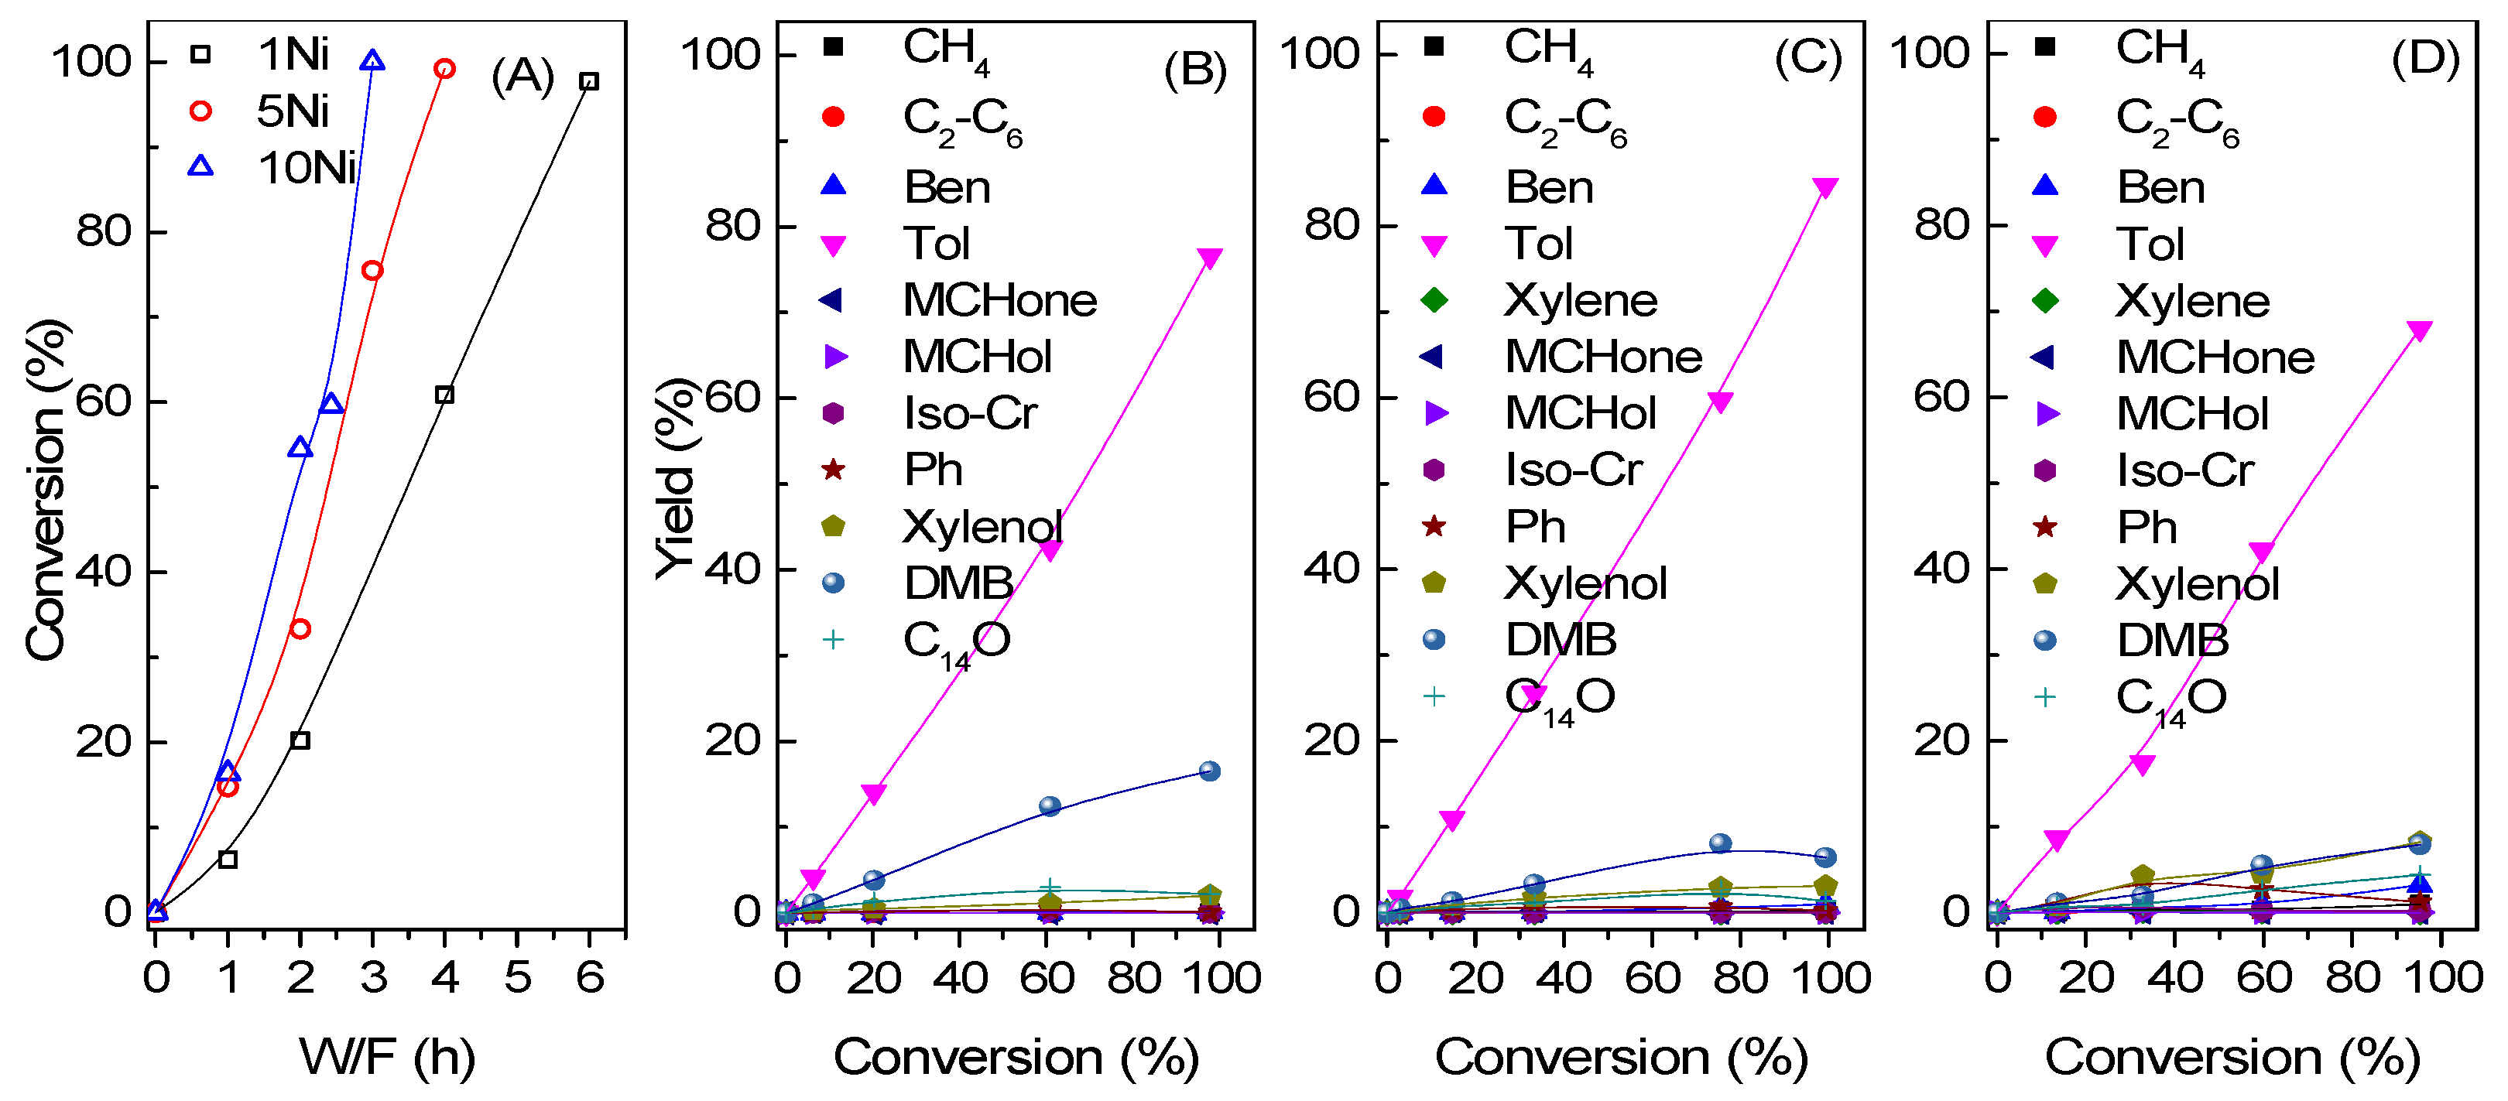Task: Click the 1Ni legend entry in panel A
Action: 292,54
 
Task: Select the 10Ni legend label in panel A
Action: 306,169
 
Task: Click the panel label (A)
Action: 522,76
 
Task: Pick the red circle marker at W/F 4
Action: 445,69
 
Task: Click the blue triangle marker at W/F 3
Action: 372,61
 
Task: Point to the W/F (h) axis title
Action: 388,1056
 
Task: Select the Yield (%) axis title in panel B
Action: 675,477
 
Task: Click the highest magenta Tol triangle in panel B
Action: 1209,258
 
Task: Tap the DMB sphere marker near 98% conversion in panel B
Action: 1209,771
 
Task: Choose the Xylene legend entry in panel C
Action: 1579,300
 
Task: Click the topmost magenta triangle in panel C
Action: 1825,187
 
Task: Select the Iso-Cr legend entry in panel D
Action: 2184,471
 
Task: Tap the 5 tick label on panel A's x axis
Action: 517,977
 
